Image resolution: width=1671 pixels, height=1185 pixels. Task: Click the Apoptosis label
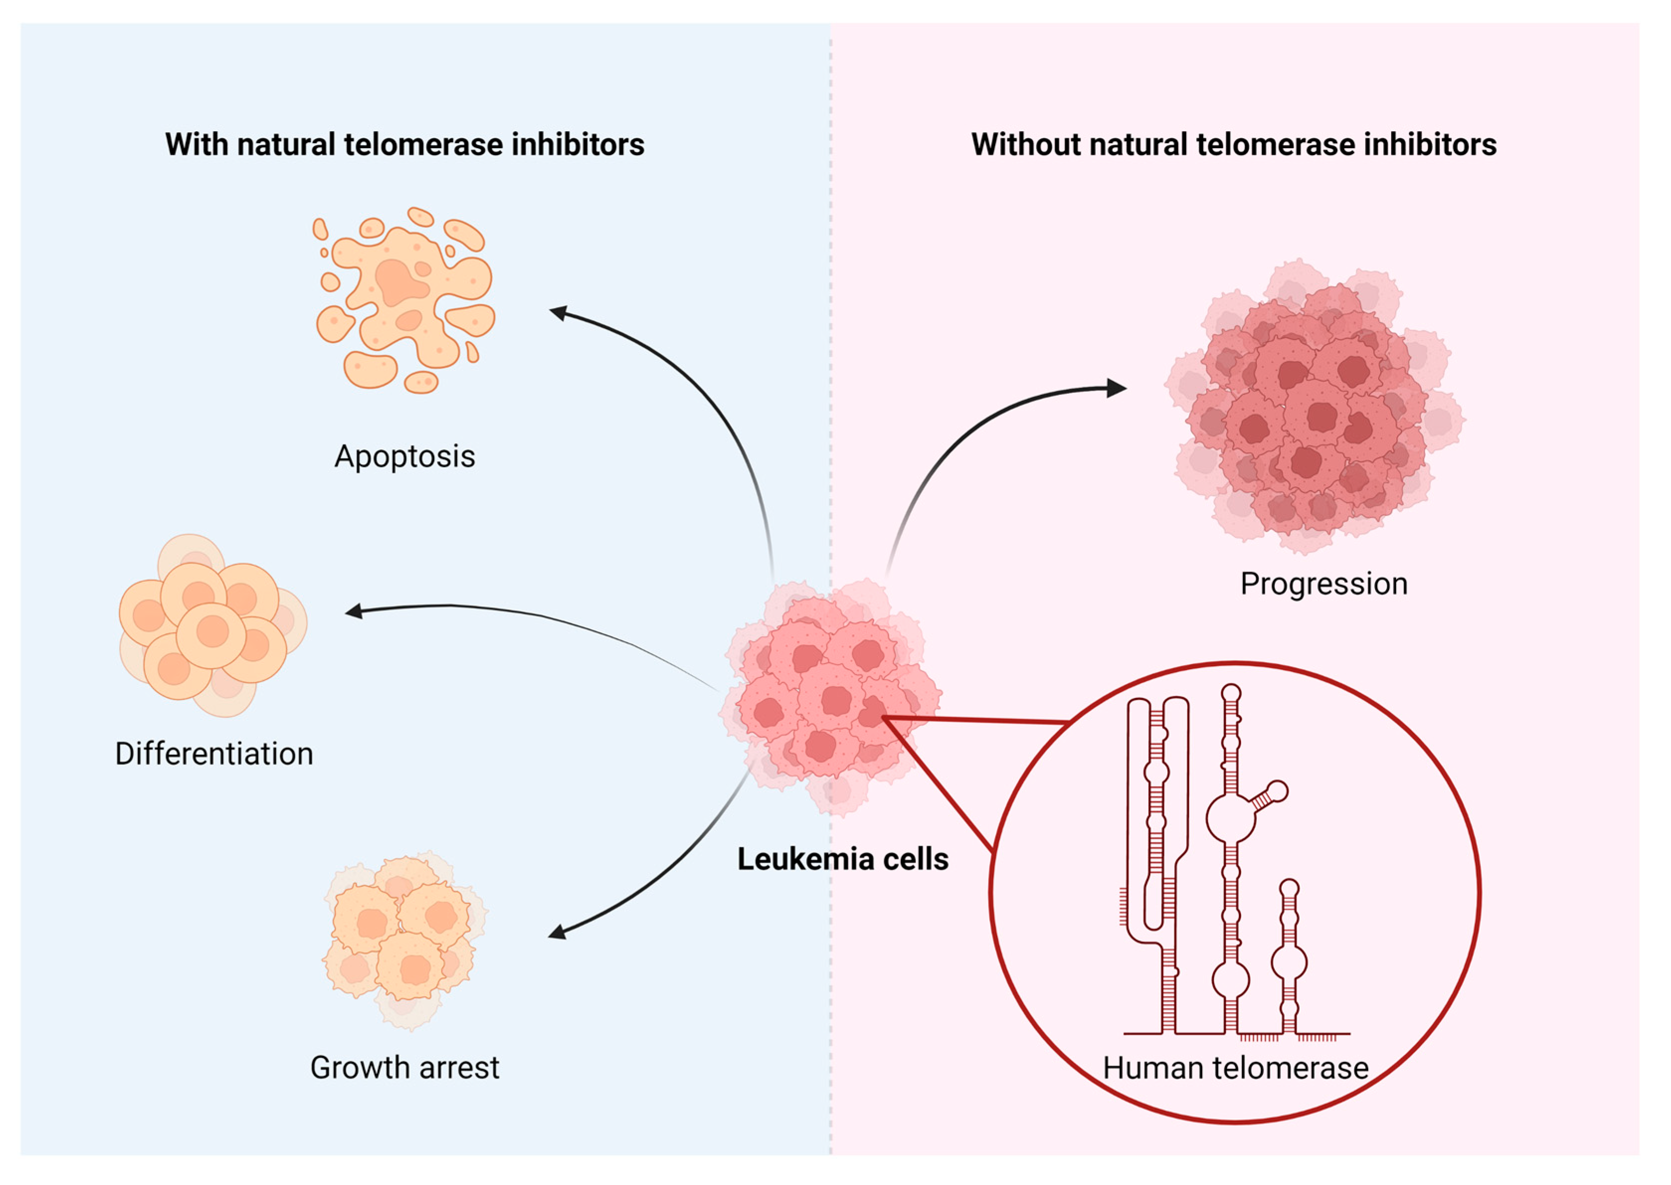pyautogui.click(x=404, y=457)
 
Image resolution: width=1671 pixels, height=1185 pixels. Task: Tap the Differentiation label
pyautogui.click(x=214, y=754)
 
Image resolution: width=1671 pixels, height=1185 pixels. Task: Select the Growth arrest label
pyautogui.click(x=404, y=1068)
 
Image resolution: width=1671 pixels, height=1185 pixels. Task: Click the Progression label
pyautogui.click(x=1323, y=584)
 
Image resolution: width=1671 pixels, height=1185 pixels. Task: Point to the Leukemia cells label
pyautogui.click(x=843, y=859)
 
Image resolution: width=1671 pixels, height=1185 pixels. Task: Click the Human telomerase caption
pyautogui.click(x=1235, y=1068)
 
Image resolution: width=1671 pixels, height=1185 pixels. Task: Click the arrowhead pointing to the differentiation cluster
pyautogui.click(x=354, y=611)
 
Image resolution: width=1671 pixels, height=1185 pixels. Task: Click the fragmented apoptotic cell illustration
pyautogui.click(x=405, y=299)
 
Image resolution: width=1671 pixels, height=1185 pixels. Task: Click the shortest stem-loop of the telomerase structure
pyautogui.click(x=1289, y=956)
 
